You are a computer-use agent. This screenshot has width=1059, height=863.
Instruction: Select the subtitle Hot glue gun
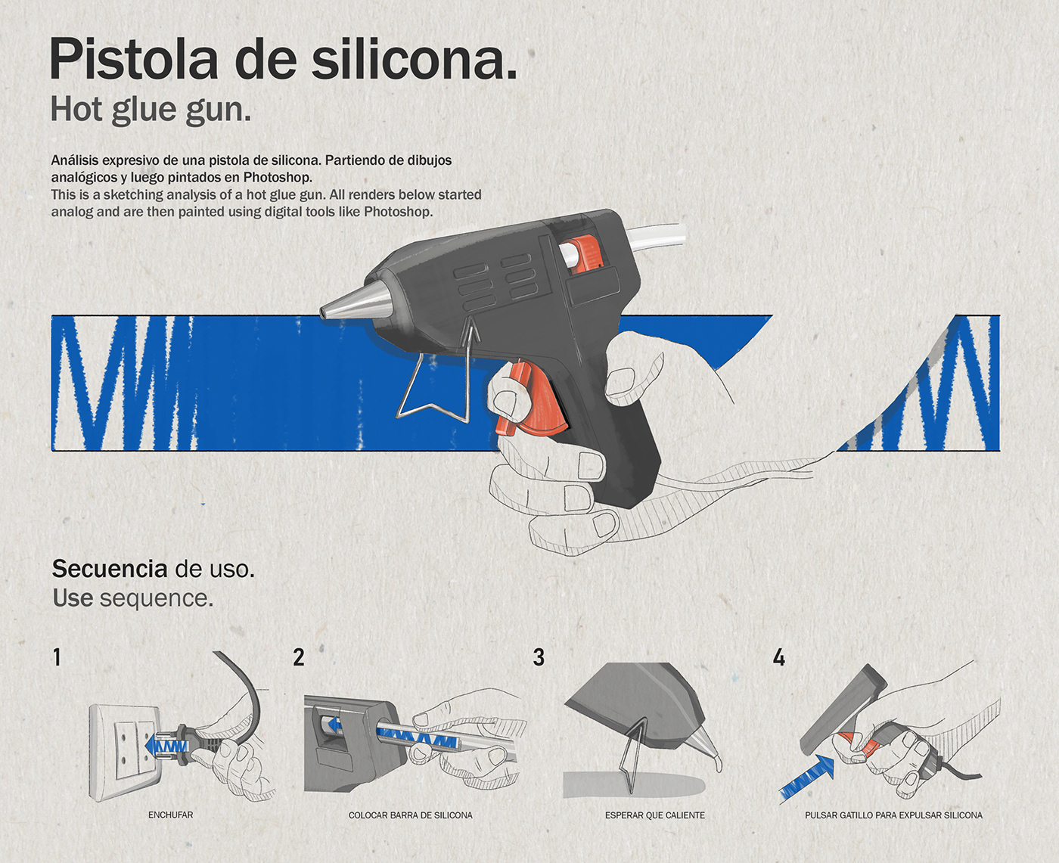(x=151, y=110)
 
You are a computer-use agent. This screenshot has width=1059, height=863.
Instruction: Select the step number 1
(x=57, y=657)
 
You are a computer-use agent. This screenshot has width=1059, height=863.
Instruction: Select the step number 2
(x=298, y=657)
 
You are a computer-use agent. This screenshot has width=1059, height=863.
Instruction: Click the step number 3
(x=539, y=657)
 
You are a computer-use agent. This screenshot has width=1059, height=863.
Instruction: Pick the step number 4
(x=779, y=657)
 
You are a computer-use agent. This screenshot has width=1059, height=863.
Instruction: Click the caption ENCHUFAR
(x=170, y=815)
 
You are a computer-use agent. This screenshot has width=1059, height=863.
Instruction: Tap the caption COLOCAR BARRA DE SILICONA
(x=411, y=815)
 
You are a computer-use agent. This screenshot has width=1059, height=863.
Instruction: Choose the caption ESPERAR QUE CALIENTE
(x=655, y=815)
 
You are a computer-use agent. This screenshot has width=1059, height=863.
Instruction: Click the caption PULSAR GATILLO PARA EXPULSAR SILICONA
(x=894, y=815)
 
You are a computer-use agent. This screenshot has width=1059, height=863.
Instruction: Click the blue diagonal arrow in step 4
(x=806, y=778)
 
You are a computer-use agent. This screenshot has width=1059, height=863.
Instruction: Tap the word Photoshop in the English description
(x=398, y=211)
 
